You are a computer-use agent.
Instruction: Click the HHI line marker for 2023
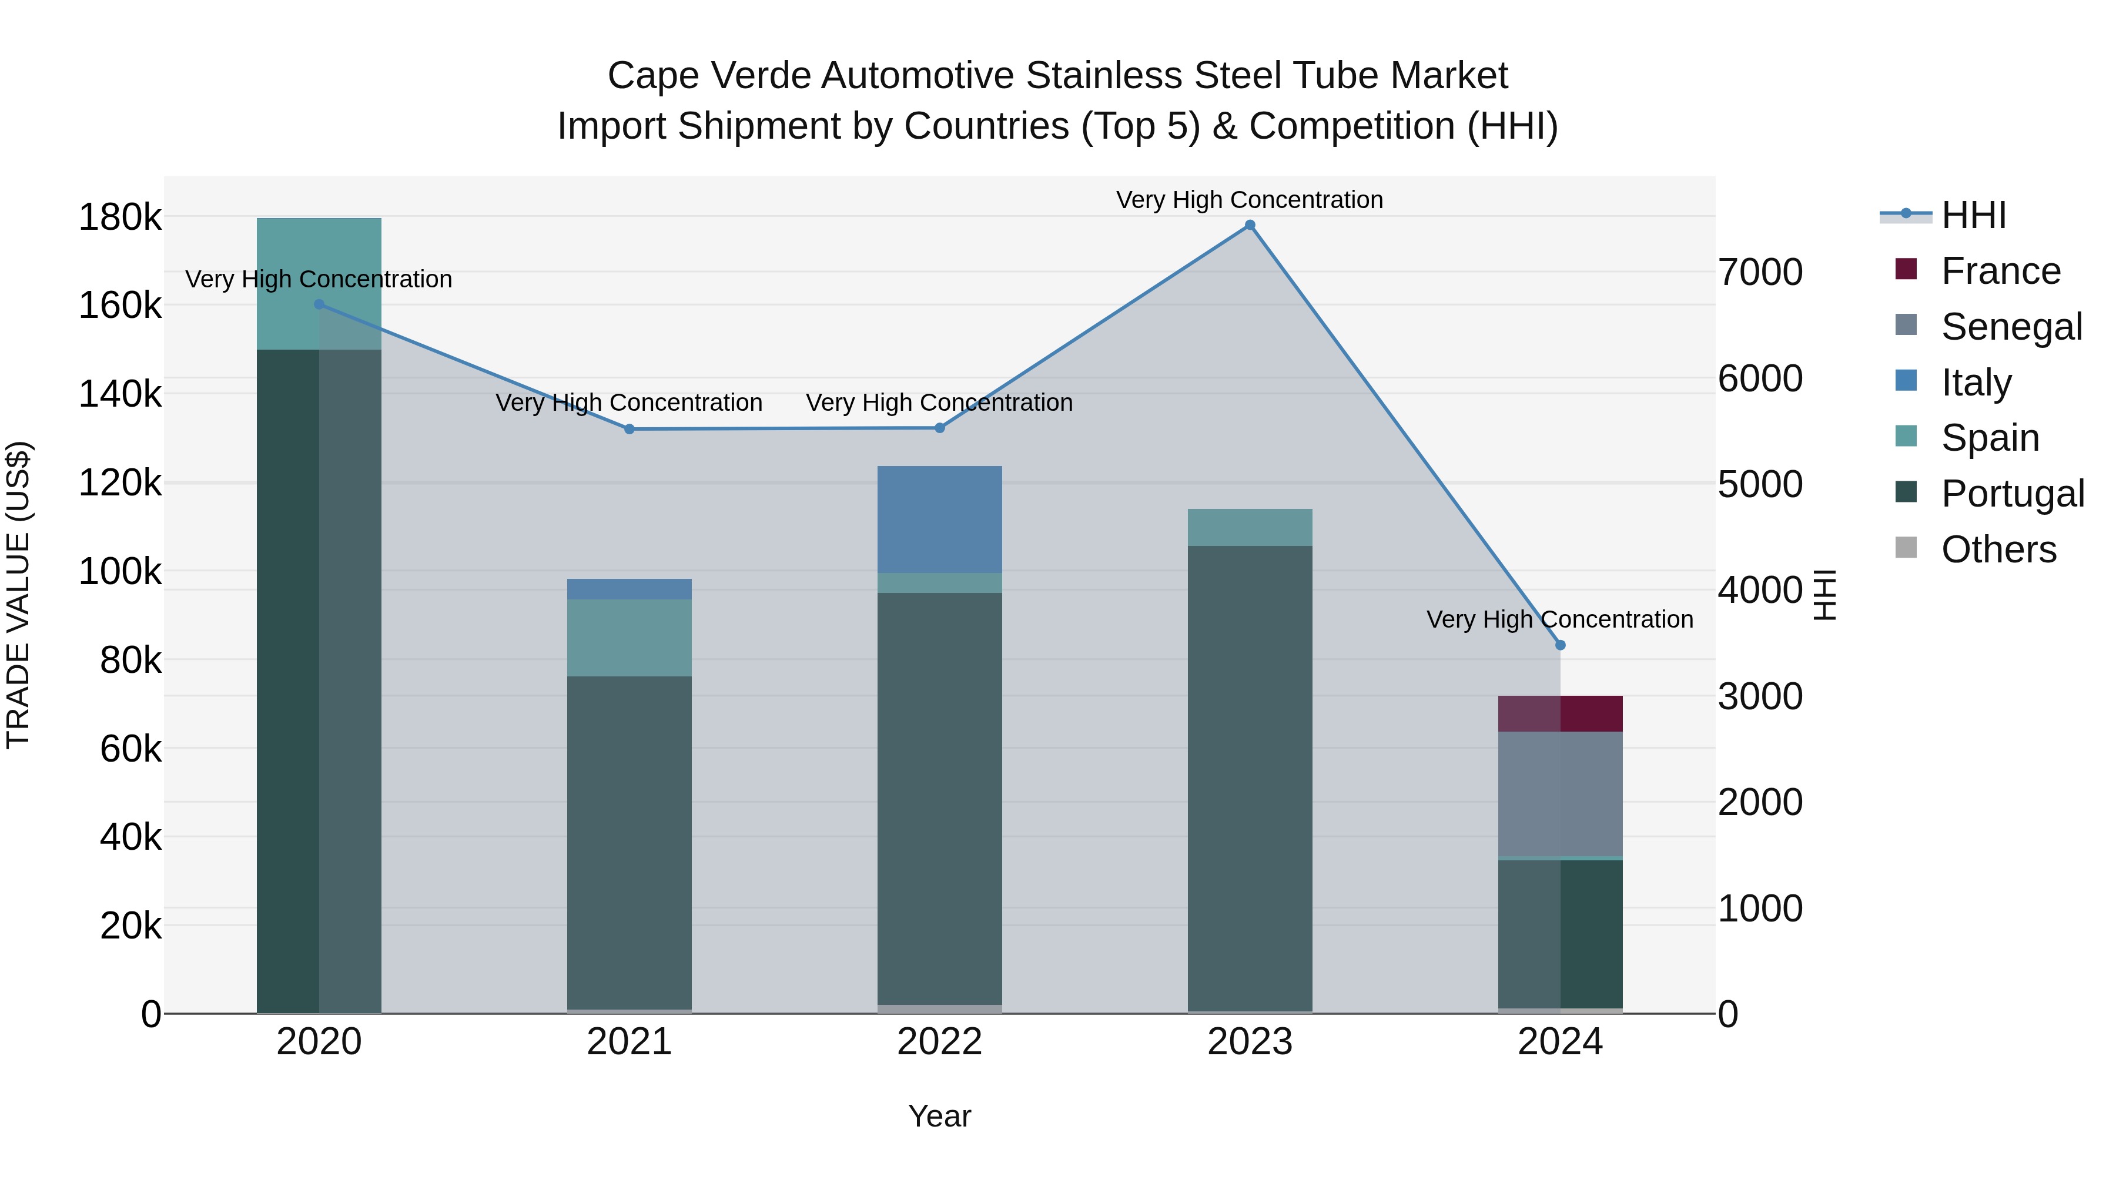[x=1250, y=225]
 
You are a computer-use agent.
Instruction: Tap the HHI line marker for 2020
[x=320, y=304]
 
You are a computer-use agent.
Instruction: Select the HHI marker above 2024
[x=1560, y=645]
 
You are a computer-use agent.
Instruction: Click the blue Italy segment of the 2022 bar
[x=940, y=519]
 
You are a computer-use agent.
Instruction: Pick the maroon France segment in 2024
[x=1560, y=713]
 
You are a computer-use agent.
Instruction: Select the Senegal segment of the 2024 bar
[x=1560, y=794]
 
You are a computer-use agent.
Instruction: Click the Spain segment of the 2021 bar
[x=629, y=638]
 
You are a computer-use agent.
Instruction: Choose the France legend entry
[x=2000, y=271]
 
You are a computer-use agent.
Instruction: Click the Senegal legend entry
[x=2011, y=327]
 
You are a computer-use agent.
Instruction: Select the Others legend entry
[x=1998, y=549]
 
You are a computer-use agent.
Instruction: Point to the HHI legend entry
[x=1973, y=215]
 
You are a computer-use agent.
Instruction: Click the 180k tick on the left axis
[x=120, y=219]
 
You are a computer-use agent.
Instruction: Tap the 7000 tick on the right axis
[x=1760, y=273]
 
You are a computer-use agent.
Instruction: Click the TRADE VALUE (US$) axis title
[x=19, y=595]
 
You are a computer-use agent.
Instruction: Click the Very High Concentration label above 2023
[x=1250, y=200]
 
